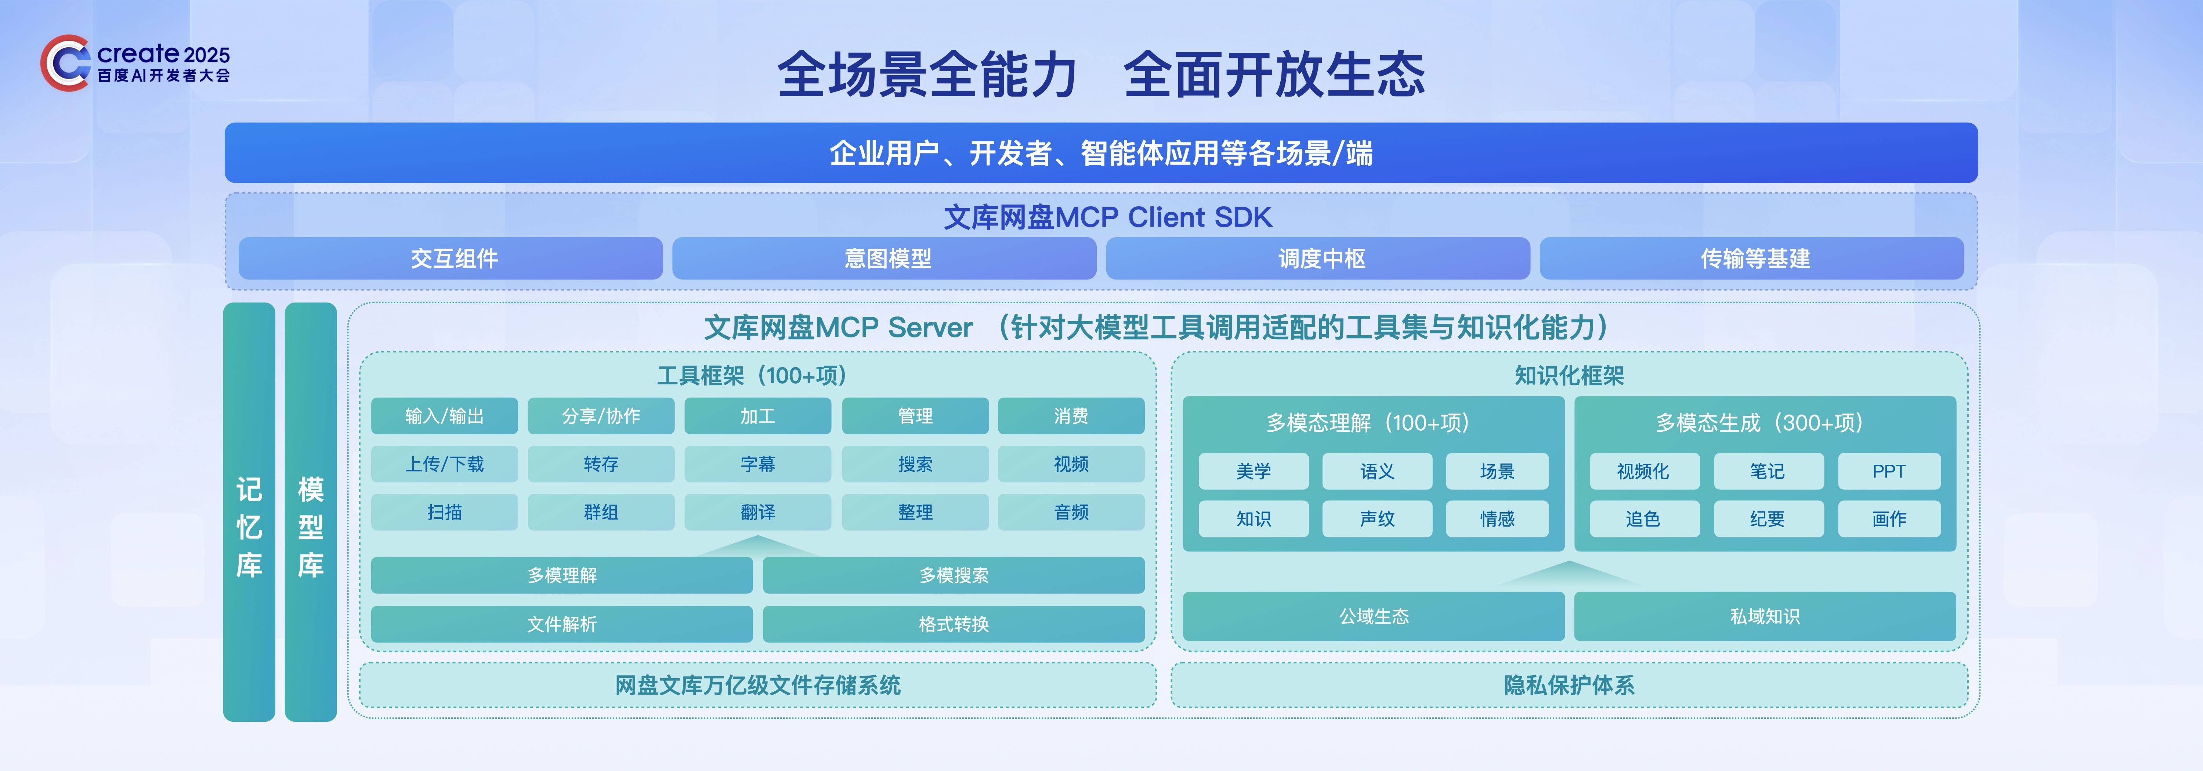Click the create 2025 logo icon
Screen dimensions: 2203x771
(65, 62)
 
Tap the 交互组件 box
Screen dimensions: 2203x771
(451, 258)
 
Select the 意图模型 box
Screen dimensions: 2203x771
(884, 258)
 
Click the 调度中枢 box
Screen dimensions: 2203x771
(1318, 258)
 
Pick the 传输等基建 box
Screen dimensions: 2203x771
(1751, 258)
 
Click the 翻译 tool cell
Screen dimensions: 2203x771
(758, 512)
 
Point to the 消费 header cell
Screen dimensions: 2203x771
(1071, 416)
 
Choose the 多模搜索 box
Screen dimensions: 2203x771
(954, 575)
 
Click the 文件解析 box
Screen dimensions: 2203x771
(562, 624)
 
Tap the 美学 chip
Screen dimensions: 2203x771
(1254, 471)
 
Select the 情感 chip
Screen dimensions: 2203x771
(1497, 519)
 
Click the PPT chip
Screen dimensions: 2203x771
(1889, 471)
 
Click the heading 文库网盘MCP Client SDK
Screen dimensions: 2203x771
(1107, 217)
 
